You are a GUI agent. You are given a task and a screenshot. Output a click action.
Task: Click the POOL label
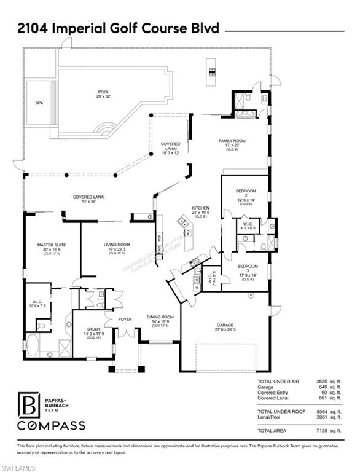(103, 92)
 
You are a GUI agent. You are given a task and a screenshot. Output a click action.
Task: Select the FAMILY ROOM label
(232, 141)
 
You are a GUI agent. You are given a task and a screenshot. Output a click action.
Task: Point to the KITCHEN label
(201, 208)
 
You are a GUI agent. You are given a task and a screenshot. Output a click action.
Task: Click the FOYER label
(125, 320)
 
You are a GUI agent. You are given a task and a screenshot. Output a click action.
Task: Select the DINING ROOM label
(161, 317)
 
